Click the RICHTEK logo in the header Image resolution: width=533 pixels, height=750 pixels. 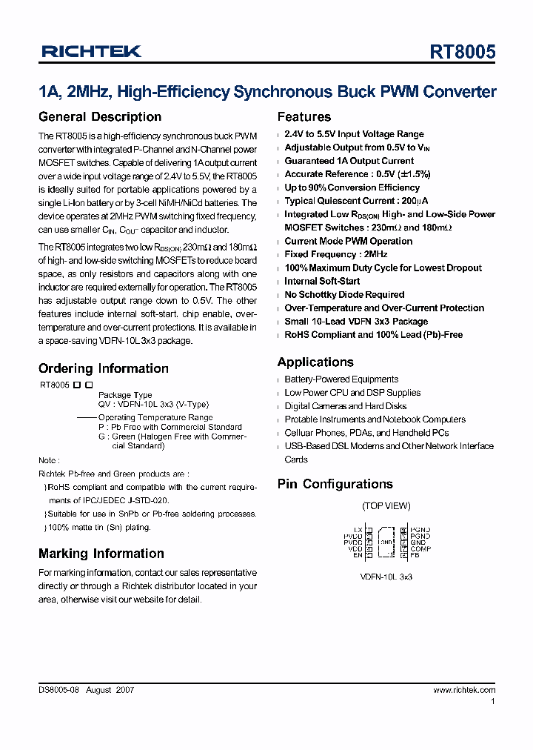91,51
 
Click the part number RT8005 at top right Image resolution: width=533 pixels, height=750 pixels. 463,52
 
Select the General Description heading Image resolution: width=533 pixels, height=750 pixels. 100,117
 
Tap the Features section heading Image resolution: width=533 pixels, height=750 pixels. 304,117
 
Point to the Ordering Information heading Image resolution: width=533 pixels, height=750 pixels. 104,368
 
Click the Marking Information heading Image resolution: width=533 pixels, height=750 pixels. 101,554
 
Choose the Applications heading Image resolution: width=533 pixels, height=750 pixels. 315,362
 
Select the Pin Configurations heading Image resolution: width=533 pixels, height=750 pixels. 335,484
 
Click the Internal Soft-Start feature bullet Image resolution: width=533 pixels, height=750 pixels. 322,282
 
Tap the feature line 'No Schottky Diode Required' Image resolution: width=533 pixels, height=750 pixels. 344,295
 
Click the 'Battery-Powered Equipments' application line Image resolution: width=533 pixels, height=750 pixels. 341,379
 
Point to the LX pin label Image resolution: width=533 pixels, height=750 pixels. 358,529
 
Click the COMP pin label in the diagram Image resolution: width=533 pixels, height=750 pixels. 420,548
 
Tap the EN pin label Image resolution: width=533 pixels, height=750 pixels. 358,554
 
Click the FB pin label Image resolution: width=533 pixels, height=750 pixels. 415,554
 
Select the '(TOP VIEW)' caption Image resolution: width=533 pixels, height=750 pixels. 386,506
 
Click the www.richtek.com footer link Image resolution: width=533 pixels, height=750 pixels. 464,690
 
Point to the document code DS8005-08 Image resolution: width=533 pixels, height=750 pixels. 59,690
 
